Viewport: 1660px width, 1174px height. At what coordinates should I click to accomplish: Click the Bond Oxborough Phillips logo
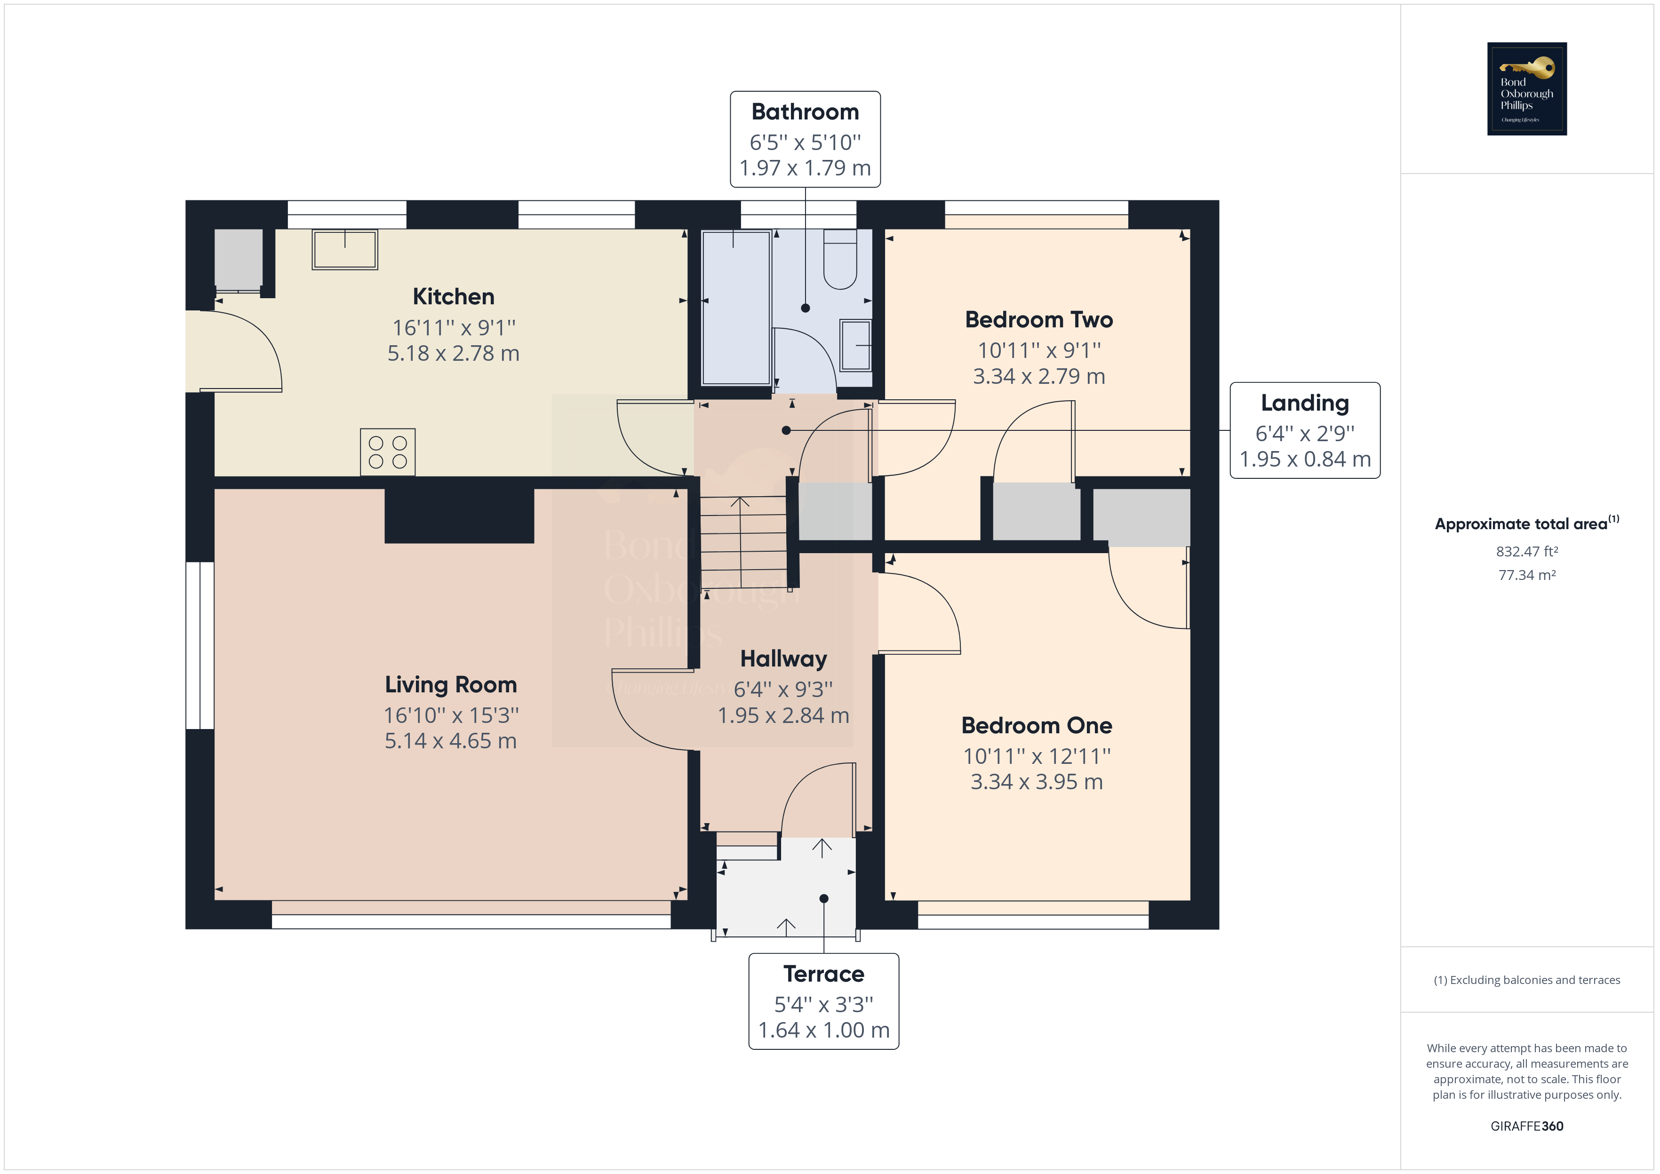[1526, 88]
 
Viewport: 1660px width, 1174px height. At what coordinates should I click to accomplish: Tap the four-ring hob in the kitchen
[388, 452]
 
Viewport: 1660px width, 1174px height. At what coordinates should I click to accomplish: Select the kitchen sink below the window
[345, 249]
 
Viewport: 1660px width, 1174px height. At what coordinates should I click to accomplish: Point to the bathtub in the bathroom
[736, 307]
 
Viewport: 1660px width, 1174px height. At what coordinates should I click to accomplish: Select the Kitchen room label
[453, 296]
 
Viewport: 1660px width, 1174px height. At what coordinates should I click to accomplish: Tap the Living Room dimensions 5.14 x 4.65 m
[450, 741]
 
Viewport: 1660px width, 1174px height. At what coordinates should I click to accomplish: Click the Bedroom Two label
[1038, 319]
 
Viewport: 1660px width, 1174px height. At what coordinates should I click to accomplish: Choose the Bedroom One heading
[1036, 725]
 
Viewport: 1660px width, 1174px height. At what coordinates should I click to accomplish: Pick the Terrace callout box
[823, 1001]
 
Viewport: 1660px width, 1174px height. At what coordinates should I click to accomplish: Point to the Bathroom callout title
[805, 112]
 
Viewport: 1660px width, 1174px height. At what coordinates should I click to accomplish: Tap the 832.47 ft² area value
[1526, 552]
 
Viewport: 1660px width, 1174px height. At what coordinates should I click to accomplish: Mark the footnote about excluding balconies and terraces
[1526, 980]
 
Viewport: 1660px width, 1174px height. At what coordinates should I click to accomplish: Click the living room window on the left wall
[200, 645]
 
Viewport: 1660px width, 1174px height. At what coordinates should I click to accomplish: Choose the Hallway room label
[783, 658]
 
